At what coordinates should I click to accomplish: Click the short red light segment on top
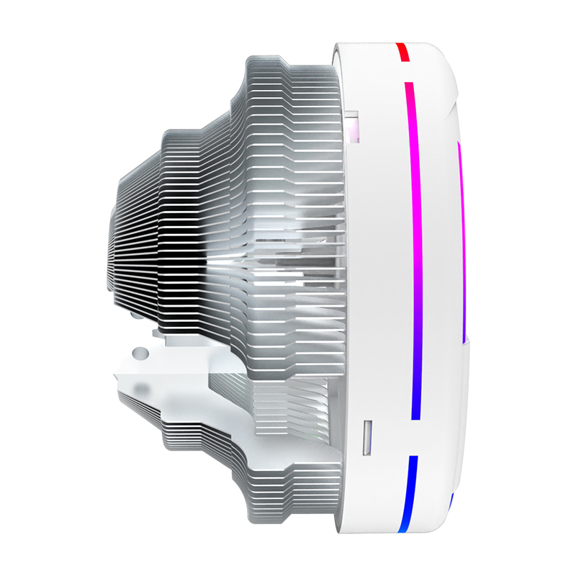tap(402, 52)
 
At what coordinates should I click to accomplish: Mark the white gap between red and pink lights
tap(405, 72)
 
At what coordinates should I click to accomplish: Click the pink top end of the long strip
tap(408, 90)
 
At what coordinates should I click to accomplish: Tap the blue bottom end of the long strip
tap(415, 410)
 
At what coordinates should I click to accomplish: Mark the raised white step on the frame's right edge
tap(469, 346)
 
